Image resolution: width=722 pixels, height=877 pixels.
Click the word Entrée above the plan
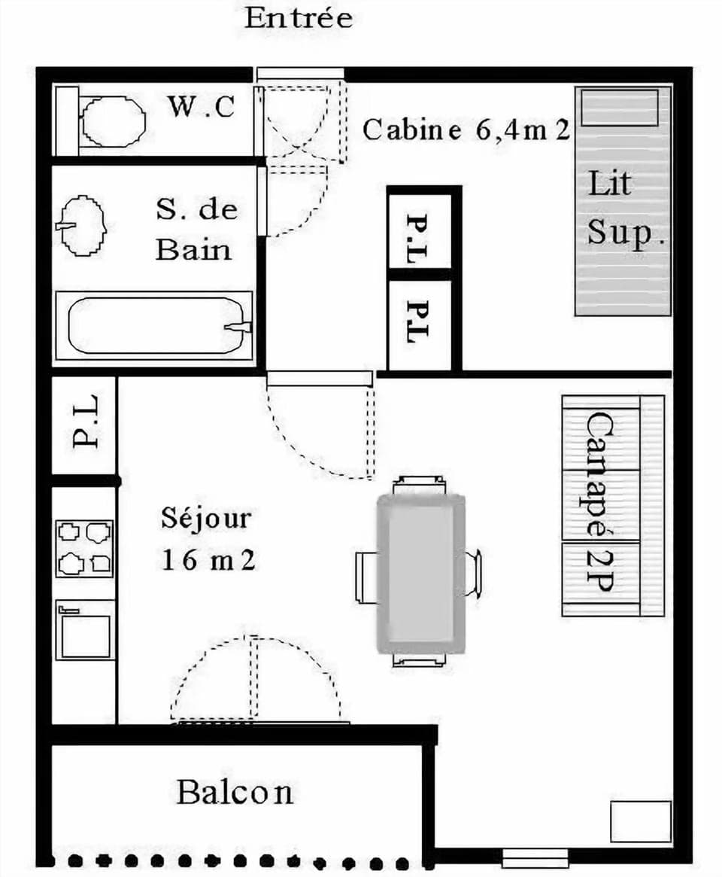click(x=299, y=19)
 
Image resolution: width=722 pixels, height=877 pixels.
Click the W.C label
click(x=201, y=107)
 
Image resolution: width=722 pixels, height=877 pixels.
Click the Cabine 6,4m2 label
click(x=466, y=129)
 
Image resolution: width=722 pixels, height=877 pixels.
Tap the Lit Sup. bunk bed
click(x=623, y=202)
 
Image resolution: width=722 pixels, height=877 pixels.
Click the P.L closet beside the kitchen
click(x=84, y=426)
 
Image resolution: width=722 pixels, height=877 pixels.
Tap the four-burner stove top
click(x=84, y=548)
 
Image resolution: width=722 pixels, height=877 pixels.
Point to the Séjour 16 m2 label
click(x=206, y=539)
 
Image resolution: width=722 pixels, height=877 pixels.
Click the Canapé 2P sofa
click(x=612, y=506)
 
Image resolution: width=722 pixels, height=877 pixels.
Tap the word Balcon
click(x=235, y=792)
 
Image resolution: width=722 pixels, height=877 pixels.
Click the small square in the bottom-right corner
click(x=640, y=822)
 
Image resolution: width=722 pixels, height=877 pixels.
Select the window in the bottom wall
click(x=535, y=857)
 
